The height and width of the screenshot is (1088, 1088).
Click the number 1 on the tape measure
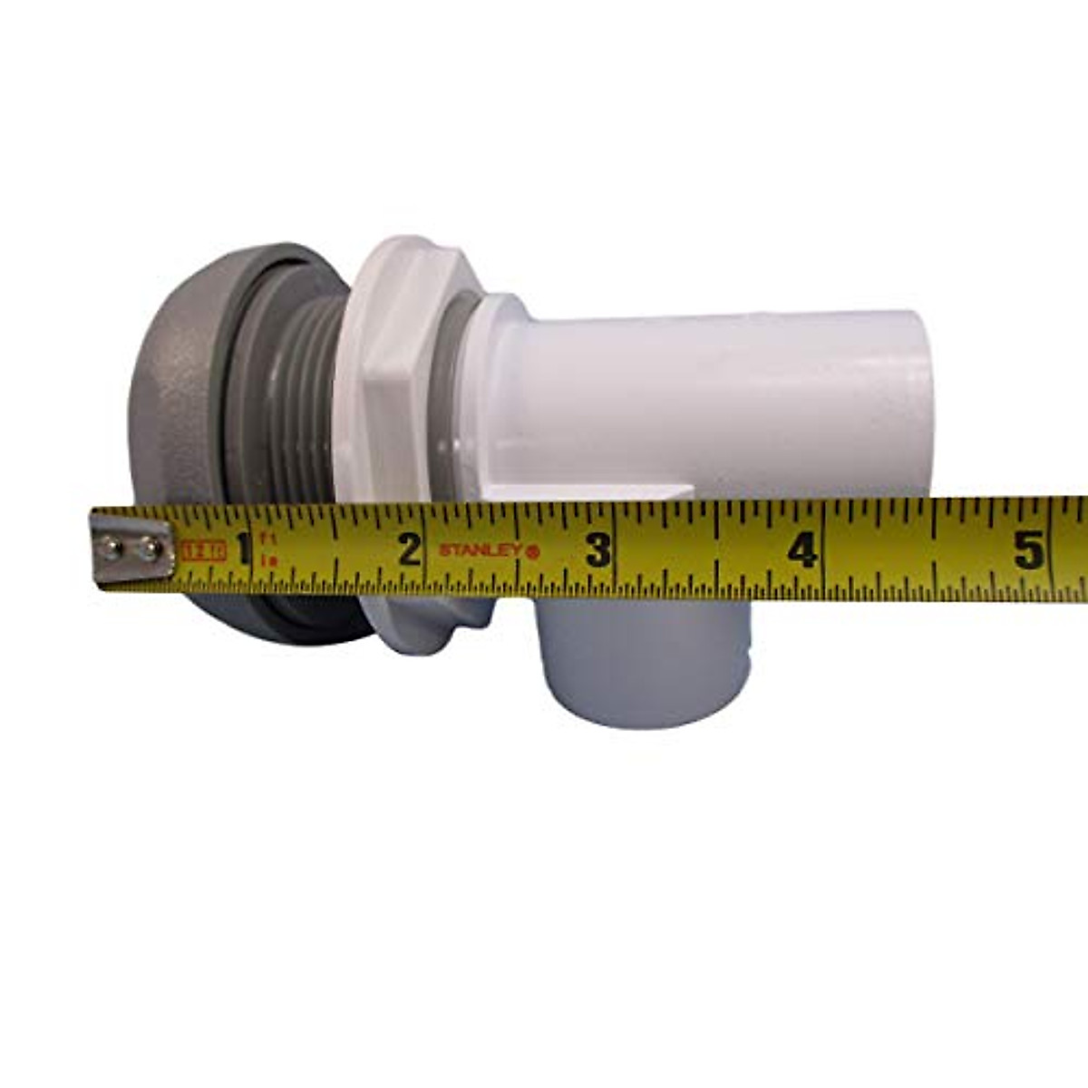pyautogui.click(x=242, y=548)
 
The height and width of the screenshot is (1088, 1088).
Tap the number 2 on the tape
pyautogui.click(x=410, y=549)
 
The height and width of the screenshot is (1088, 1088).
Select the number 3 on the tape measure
pyautogui.click(x=597, y=549)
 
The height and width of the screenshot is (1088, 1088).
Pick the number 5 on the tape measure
pyautogui.click(x=1029, y=549)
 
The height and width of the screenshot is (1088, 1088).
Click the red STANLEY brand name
pyautogui.click(x=480, y=549)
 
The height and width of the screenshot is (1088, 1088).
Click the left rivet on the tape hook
pyautogui.click(x=110, y=547)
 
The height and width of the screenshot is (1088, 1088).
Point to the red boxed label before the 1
pyautogui.click(x=203, y=549)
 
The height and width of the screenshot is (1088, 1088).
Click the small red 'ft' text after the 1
pyautogui.click(x=268, y=538)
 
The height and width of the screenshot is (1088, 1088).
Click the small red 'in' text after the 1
pyautogui.click(x=268, y=561)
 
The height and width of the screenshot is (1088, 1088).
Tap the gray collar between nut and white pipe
pyautogui.click(x=462, y=381)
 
